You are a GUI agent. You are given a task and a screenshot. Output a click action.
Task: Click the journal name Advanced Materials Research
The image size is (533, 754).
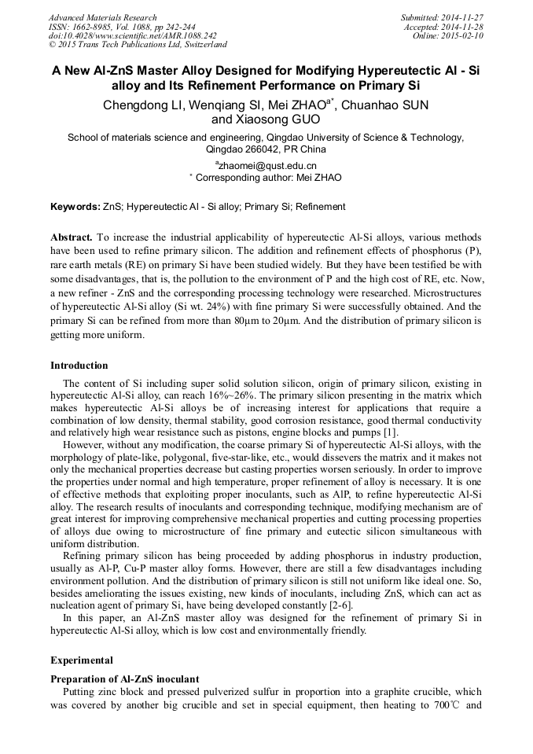[102, 17]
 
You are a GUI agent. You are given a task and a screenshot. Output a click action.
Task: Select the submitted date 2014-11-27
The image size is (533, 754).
[464, 17]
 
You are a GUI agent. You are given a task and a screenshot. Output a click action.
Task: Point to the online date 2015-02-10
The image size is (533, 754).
[464, 35]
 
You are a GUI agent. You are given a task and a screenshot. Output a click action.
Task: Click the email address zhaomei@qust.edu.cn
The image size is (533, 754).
[267, 165]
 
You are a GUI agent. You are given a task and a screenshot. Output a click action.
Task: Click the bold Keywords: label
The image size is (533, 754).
[75, 207]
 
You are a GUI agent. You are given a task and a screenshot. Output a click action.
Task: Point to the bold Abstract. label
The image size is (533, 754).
[72, 237]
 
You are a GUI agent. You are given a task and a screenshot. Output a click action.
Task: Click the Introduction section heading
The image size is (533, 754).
[79, 365]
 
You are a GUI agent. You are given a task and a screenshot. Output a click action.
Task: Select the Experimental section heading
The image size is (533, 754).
[82, 660]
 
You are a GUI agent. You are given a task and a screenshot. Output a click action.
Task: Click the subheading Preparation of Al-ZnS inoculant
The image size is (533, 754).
[124, 679]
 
